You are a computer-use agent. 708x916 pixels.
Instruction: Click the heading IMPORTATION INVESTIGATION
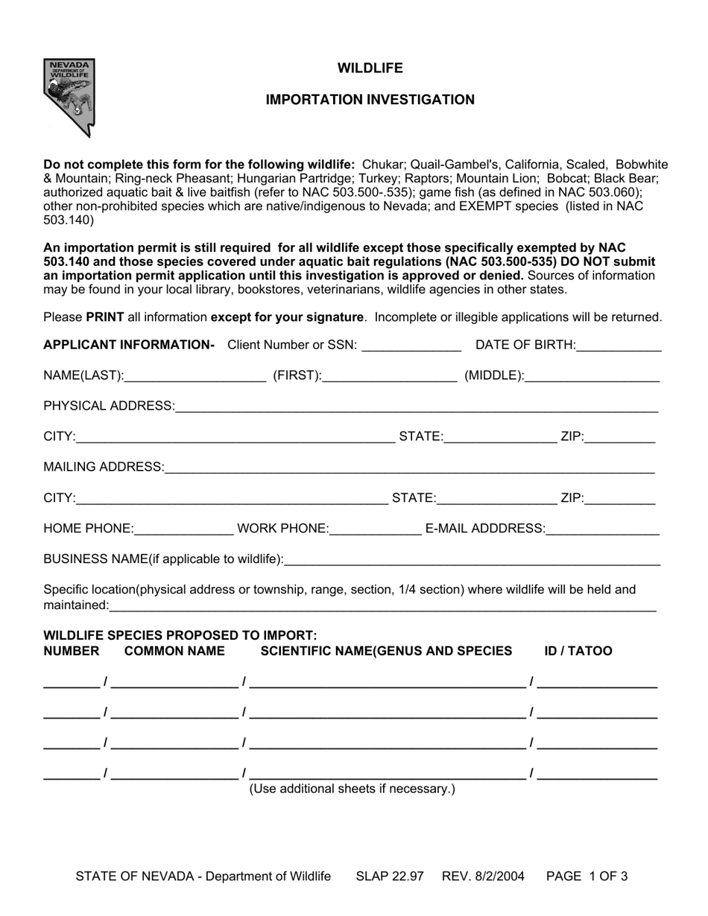pyautogui.click(x=370, y=100)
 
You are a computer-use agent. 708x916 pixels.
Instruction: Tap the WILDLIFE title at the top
pyautogui.click(x=370, y=69)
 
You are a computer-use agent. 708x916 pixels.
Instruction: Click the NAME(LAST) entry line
pyautogui.click(x=195, y=377)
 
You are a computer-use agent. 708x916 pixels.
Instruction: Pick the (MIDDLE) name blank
pyautogui.click(x=592, y=377)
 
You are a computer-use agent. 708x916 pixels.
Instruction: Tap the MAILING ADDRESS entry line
pyautogui.click(x=409, y=468)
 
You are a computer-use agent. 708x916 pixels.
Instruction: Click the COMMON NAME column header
pyautogui.click(x=174, y=652)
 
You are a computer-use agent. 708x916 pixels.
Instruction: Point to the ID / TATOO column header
pyautogui.click(x=578, y=652)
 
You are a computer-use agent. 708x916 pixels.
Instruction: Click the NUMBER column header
pyautogui.click(x=72, y=652)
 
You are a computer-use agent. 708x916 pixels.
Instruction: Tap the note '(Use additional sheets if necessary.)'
pyautogui.click(x=352, y=789)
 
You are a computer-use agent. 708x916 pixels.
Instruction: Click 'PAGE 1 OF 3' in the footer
pyautogui.click(x=587, y=877)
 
